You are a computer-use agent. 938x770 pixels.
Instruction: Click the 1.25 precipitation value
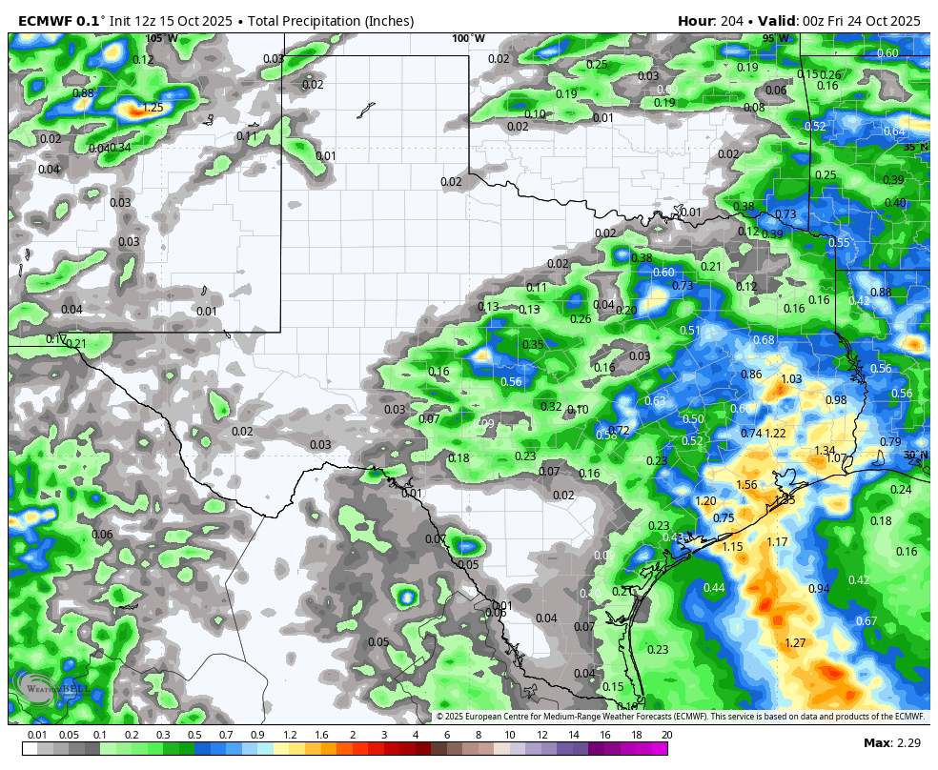[153, 108]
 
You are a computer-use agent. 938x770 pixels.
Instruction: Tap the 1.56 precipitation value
[746, 485]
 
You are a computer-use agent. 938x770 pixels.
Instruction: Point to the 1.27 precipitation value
[795, 643]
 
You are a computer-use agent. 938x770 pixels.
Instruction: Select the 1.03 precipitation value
[791, 379]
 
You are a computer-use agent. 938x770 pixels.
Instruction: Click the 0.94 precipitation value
[819, 589]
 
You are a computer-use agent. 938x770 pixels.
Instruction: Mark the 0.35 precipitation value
[533, 345]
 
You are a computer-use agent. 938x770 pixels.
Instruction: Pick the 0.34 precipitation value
[120, 148]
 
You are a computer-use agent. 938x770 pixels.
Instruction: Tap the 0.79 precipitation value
[890, 442]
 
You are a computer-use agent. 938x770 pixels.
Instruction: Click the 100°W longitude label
[468, 38]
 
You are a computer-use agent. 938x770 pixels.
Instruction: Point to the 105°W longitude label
[161, 38]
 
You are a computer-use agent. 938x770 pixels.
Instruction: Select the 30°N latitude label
[915, 456]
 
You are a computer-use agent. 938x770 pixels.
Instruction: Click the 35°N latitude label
[915, 147]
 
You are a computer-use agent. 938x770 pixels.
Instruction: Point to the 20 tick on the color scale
[666, 736]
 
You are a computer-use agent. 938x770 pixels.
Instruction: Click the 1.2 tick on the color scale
[290, 736]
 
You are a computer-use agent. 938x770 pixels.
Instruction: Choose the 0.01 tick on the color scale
[38, 736]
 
